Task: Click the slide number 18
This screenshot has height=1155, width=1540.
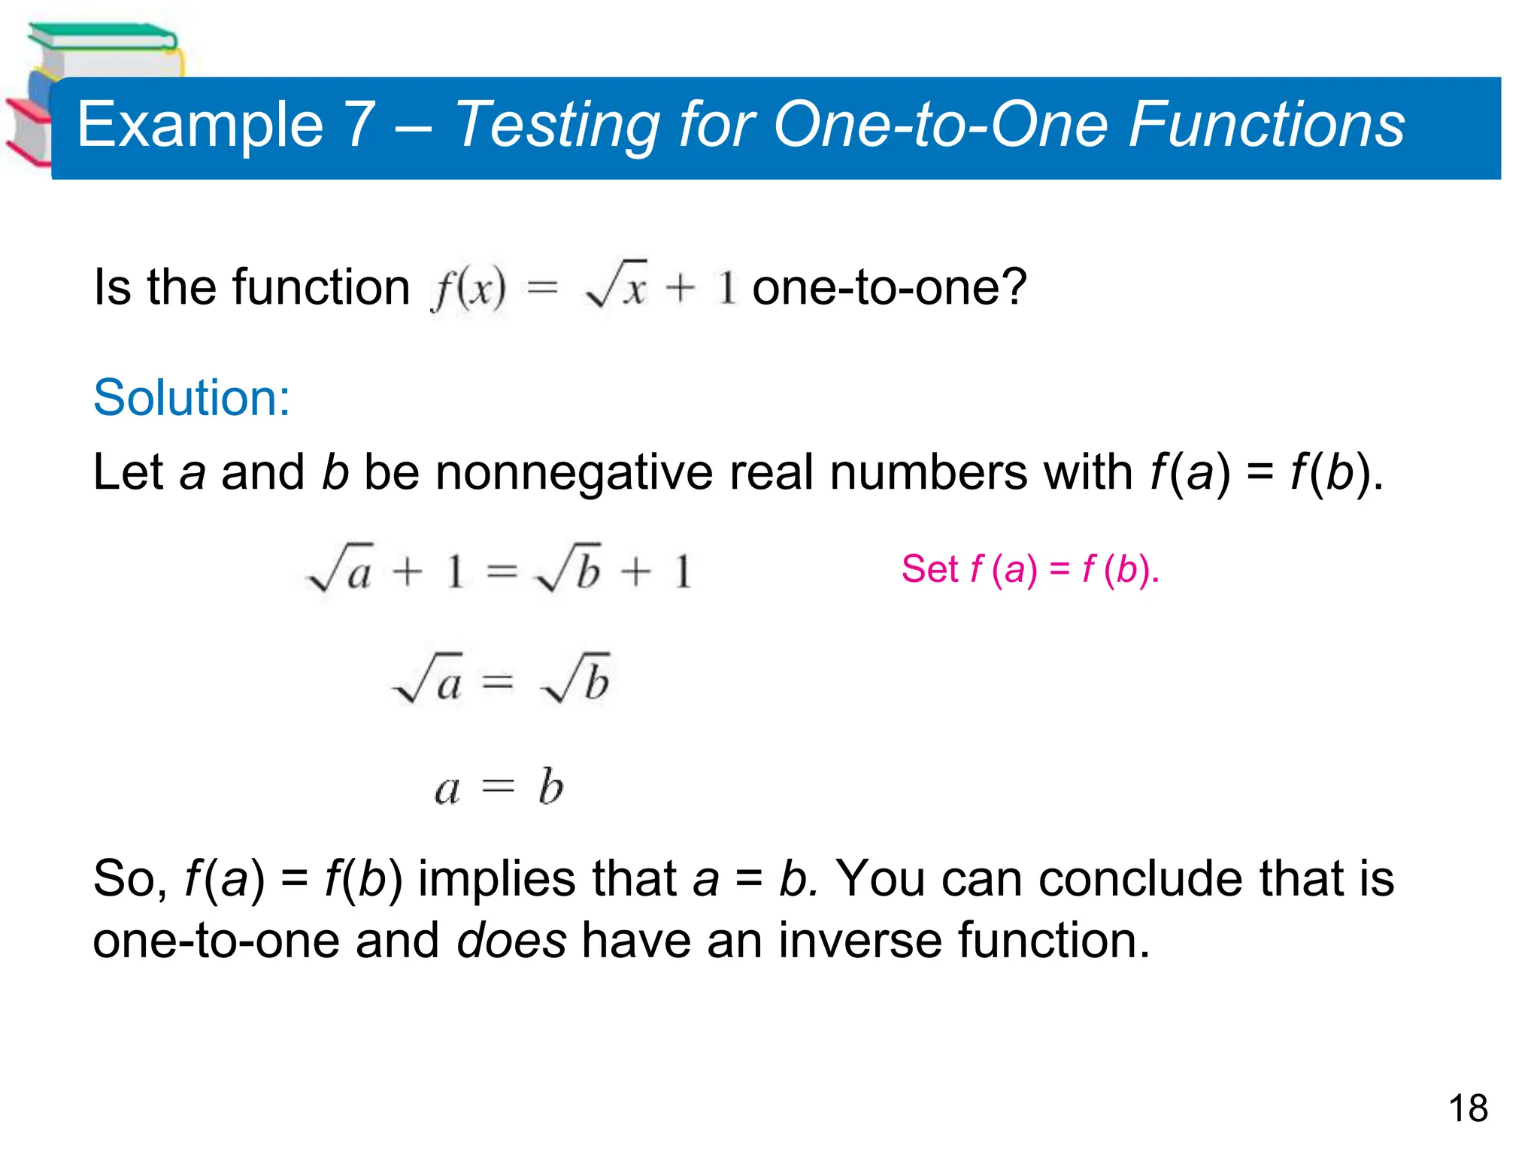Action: (1467, 1108)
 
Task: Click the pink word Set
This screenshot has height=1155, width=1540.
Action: (929, 568)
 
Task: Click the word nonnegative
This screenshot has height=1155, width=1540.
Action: (574, 472)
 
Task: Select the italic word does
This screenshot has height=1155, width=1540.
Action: (511, 940)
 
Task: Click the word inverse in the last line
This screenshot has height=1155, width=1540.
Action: (859, 940)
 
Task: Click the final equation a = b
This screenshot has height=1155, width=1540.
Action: (499, 787)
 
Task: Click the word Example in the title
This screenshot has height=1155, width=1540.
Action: (200, 125)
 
